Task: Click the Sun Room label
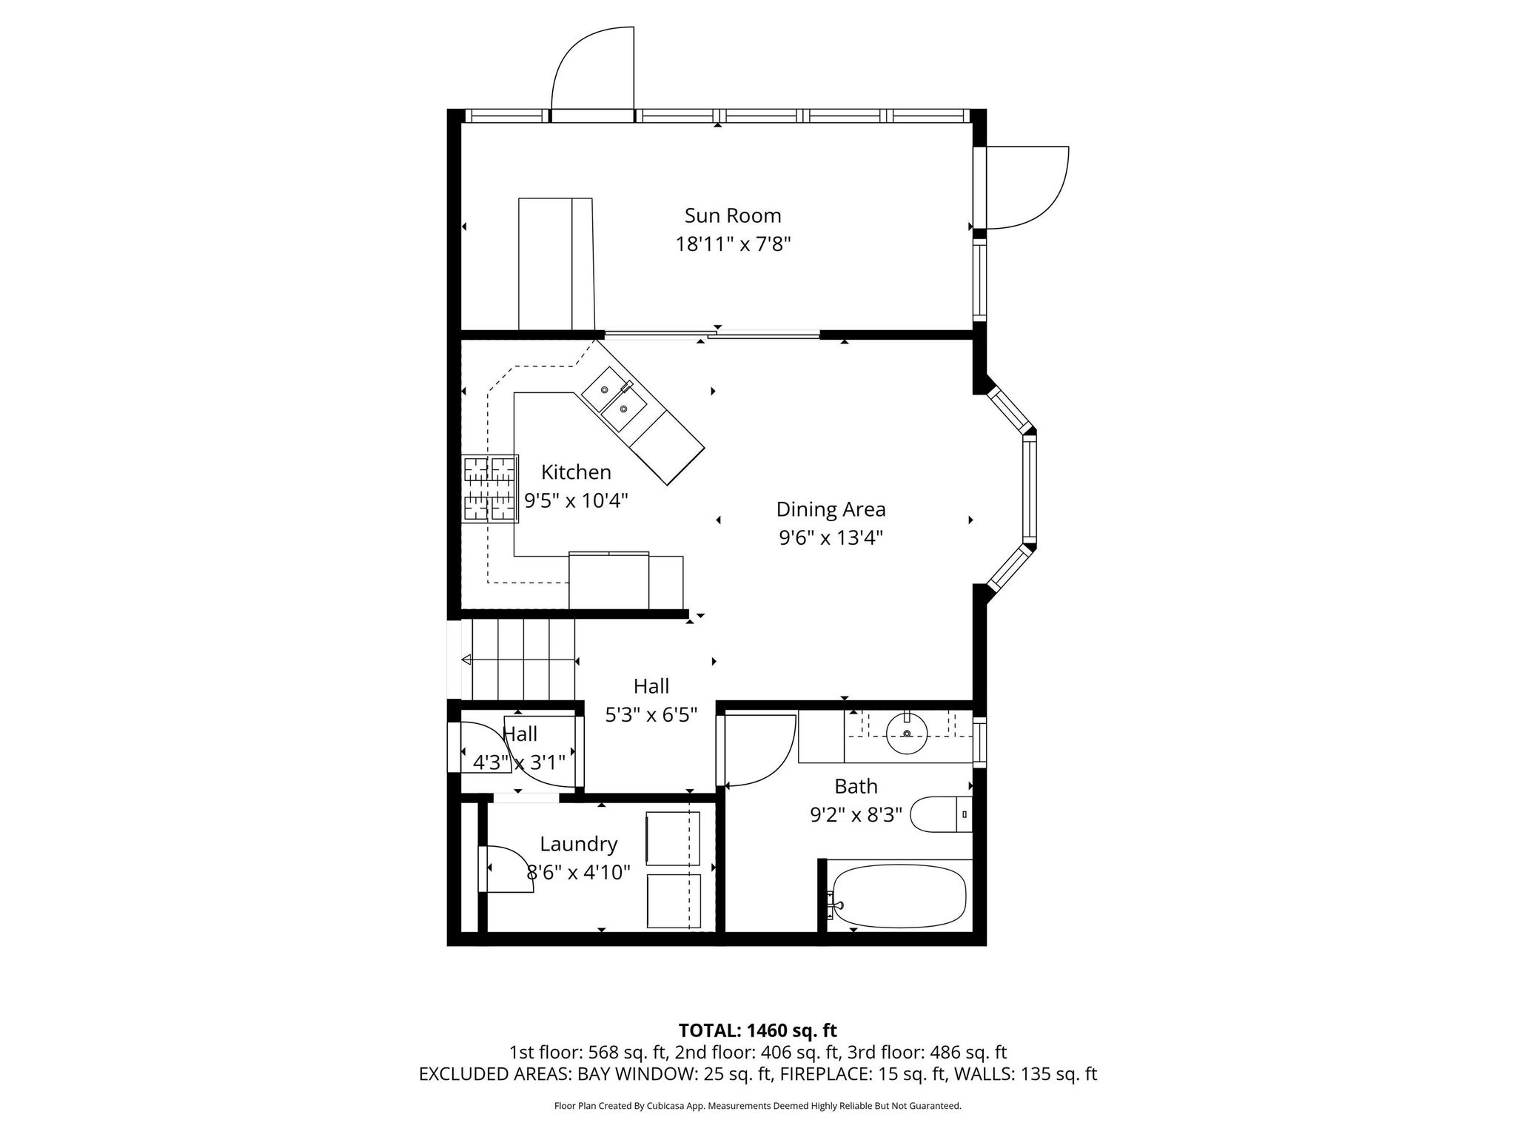[732, 215]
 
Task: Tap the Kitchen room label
[576, 472]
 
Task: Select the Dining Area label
[831, 509]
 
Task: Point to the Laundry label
[578, 844]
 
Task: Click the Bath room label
[856, 786]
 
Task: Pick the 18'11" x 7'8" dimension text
[733, 244]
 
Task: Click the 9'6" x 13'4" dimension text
[831, 537]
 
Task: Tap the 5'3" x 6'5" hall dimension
[651, 715]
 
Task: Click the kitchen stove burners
[489, 489]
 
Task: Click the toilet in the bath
[941, 814]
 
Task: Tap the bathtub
[899, 898]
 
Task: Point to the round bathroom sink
[908, 732]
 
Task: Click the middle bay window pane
[1030, 489]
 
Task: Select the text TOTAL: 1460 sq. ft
[758, 1030]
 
